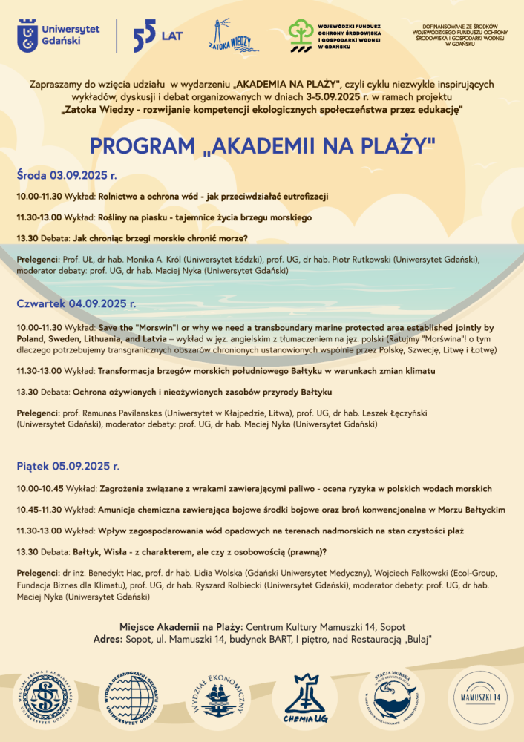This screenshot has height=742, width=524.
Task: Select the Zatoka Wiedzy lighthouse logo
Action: click(x=229, y=35)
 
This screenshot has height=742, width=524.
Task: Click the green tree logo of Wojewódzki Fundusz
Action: click(x=301, y=33)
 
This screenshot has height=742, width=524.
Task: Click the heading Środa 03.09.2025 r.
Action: click(x=67, y=176)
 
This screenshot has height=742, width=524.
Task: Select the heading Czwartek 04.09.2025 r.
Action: click(x=76, y=304)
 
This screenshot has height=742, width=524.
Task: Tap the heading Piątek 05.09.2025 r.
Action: click(x=68, y=467)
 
